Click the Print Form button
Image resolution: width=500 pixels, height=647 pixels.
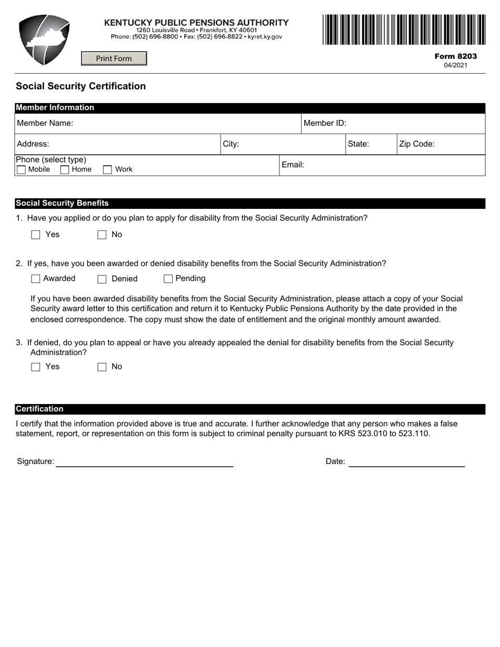click(114, 58)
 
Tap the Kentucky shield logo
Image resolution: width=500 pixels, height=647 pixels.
click(44, 39)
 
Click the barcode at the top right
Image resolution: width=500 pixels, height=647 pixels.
click(404, 29)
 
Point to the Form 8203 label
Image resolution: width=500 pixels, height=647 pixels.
click(455, 56)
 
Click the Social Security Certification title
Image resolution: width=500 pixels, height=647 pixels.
click(81, 86)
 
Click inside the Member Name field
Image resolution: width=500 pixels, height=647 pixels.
click(184, 124)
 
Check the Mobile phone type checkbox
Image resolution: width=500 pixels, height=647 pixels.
click(22, 170)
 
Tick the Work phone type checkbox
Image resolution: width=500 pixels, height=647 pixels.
click(107, 170)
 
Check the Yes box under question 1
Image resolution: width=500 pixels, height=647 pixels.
click(36, 235)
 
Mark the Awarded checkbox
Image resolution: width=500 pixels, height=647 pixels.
click(36, 279)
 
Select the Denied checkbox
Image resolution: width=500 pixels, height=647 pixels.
click(102, 279)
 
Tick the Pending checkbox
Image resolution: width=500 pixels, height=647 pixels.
click(168, 279)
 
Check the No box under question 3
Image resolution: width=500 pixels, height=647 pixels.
click(102, 367)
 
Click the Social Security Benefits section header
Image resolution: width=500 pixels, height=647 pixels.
click(62, 204)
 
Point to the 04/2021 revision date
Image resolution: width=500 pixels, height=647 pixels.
click(455, 66)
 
